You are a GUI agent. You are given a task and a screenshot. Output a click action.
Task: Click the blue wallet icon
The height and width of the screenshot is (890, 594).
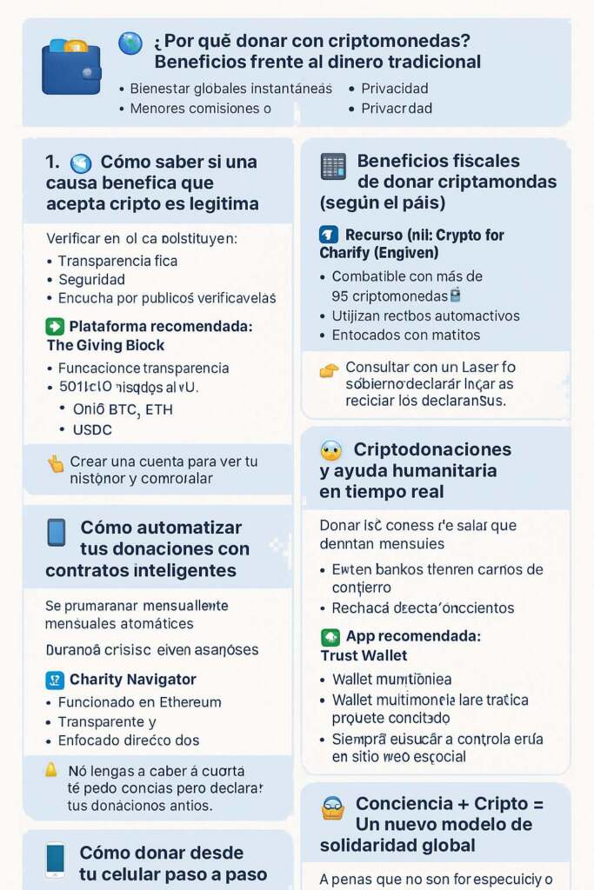pyautogui.click(x=71, y=67)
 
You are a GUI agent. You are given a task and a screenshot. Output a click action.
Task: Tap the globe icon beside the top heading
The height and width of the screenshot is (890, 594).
pyautogui.click(x=130, y=43)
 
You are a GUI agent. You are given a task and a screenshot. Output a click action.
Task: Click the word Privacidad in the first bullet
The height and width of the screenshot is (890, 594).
pyautogui.click(x=395, y=88)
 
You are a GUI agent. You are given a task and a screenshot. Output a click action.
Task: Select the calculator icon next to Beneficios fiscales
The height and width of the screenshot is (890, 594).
pyautogui.click(x=333, y=166)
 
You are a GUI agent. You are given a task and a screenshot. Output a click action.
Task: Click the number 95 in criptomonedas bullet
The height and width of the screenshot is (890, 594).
pyautogui.click(x=341, y=296)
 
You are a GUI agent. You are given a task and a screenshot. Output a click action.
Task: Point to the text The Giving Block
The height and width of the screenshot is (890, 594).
pyautogui.click(x=93, y=345)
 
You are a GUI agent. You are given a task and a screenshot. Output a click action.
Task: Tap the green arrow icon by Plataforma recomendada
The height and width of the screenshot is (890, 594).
pyautogui.click(x=55, y=327)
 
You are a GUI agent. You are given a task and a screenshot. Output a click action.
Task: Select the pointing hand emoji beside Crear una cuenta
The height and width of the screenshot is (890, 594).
pyautogui.click(x=56, y=463)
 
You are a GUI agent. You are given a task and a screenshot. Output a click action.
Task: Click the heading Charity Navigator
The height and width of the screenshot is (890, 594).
pyautogui.click(x=132, y=679)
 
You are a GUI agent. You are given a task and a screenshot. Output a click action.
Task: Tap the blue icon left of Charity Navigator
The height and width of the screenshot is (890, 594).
pyautogui.click(x=55, y=680)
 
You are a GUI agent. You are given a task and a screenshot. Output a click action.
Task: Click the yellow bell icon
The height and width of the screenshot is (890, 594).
pyautogui.click(x=51, y=769)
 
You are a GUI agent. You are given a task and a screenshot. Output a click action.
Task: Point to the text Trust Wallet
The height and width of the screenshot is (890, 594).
pyautogui.click(x=364, y=655)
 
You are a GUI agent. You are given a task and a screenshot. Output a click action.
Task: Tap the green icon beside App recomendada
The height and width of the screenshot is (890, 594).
pyautogui.click(x=330, y=637)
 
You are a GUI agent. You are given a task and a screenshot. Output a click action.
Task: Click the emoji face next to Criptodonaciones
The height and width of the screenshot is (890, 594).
pyautogui.click(x=331, y=451)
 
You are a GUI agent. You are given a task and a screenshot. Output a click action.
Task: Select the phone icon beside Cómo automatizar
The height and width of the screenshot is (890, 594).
pyautogui.click(x=57, y=532)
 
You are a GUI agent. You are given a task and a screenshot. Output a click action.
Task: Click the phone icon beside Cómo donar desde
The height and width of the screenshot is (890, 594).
pyautogui.click(x=55, y=860)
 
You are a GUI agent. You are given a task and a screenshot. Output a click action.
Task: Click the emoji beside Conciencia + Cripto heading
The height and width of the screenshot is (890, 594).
pyautogui.click(x=333, y=808)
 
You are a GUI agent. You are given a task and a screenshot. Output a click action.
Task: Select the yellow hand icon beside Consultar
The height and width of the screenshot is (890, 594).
pyautogui.click(x=329, y=370)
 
